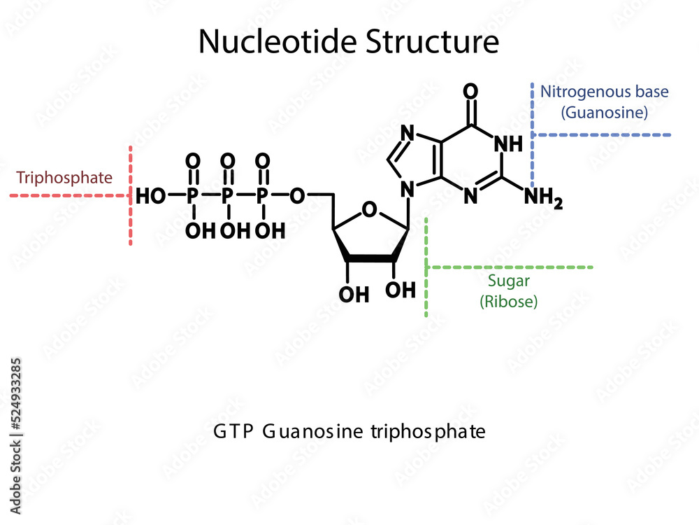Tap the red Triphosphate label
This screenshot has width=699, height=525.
point(64,178)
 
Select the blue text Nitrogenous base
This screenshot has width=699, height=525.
point(604,92)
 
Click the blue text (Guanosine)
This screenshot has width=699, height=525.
point(605,112)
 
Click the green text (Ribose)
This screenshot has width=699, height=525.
point(508,302)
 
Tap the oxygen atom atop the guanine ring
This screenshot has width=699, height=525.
point(471,92)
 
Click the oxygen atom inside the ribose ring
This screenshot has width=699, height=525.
point(370,209)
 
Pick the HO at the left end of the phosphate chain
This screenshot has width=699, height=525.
point(151,196)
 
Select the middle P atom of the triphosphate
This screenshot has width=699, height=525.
point(227,196)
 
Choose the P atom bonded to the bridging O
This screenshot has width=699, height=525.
point(263,196)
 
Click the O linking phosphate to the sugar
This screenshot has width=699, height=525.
point(298,196)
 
